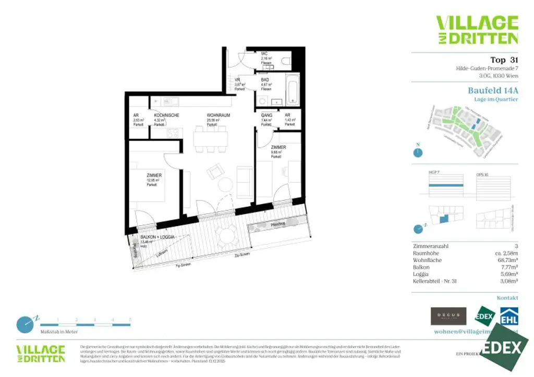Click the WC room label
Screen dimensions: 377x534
[x=264, y=54]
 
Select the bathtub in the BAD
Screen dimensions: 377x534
[x=293, y=90]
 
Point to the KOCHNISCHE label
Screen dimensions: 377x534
[x=166, y=115]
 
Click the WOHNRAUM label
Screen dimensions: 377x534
[x=219, y=115]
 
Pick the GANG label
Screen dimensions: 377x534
[x=266, y=115]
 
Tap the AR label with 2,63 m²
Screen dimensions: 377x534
[x=136, y=115]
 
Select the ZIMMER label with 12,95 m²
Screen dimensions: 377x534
[x=154, y=175]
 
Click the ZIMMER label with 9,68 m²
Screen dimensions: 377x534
[x=278, y=147]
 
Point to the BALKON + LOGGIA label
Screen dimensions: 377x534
[x=157, y=237]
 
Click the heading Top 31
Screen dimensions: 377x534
[x=504, y=60]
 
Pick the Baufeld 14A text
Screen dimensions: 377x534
[x=493, y=90]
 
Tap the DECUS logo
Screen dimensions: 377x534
[x=448, y=316]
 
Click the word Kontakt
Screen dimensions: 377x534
[x=507, y=298]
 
